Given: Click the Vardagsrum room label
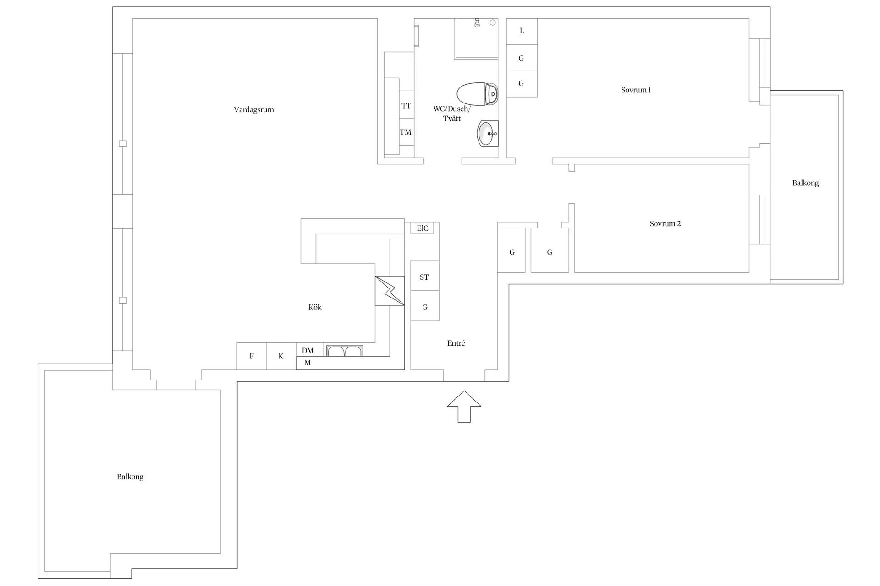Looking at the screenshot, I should [x=253, y=109].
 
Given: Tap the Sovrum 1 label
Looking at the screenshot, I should [x=636, y=90].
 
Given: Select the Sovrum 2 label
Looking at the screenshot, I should [x=665, y=224].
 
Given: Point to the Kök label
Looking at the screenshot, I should [x=315, y=307].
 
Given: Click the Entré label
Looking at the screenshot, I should [x=456, y=343].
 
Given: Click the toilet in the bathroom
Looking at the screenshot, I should [x=477, y=94].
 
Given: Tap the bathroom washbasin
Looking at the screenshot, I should [x=487, y=134].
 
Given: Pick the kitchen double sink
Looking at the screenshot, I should [x=344, y=351].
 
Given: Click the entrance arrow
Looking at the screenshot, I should [x=464, y=406].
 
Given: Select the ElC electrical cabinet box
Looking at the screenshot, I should [x=422, y=228].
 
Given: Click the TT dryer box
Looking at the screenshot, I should [x=407, y=106].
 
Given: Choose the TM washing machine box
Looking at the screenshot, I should [x=406, y=132].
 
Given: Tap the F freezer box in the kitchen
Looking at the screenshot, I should [x=252, y=356].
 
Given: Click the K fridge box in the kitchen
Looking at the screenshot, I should [x=281, y=356].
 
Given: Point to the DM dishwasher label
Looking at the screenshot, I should [x=308, y=351].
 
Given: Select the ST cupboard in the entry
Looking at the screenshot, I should [x=424, y=277].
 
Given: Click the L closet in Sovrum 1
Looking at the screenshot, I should [x=522, y=31].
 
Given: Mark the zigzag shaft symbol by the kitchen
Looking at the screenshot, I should [x=390, y=291].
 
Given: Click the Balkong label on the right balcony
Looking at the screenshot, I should [x=805, y=183].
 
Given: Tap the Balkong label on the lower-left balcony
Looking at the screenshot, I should [x=130, y=477].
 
